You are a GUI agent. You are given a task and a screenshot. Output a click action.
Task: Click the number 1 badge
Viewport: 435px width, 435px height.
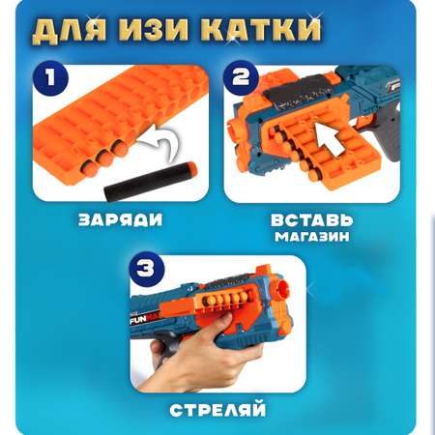pyautogui.click(x=50, y=79)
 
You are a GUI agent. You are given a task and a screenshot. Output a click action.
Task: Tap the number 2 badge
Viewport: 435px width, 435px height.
pyautogui.click(x=242, y=78)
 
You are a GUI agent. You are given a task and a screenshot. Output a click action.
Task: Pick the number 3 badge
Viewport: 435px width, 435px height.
pyautogui.click(x=146, y=269)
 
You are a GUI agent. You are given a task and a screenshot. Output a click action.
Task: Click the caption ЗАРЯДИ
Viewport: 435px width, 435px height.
pyautogui.click(x=121, y=220)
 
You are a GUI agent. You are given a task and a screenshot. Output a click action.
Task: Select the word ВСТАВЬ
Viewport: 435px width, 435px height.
pyautogui.click(x=312, y=220)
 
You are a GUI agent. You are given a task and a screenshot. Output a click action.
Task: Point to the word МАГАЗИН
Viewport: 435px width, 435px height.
pyautogui.click(x=312, y=237)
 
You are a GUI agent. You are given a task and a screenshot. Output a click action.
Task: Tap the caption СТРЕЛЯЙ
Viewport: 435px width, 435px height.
pyautogui.click(x=217, y=410)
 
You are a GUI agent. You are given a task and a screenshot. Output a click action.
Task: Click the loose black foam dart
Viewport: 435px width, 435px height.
pyautogui.click(x=150, y=182)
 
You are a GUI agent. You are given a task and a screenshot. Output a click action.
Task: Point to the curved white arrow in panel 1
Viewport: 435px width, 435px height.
pyautogui.click(x=159, y=142)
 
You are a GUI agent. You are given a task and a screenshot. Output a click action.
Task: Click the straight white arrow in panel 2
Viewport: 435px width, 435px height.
pyautogui.click(x=330, y=139)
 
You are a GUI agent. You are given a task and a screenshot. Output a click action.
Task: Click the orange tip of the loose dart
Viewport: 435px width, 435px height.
pyautogui.click(x=191, y=167)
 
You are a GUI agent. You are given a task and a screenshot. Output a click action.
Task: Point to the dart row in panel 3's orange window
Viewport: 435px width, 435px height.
pyautogui.click(x=225, y=300)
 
